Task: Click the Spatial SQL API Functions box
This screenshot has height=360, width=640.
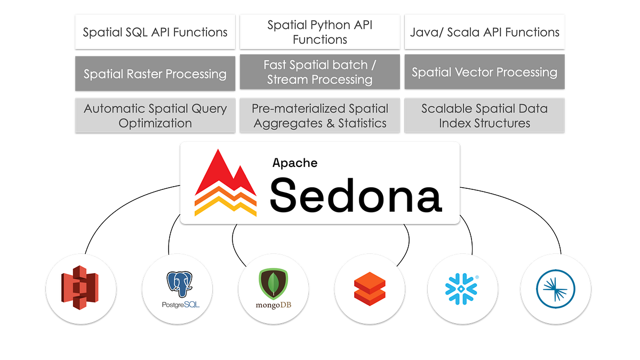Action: click(155, 32)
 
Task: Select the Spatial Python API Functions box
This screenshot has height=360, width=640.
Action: click(320, 32)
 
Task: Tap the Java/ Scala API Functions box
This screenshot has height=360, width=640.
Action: click(485, 32)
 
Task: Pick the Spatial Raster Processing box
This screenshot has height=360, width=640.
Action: click(155, 74)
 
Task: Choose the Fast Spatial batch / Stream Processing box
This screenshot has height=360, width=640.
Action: click(320, 73)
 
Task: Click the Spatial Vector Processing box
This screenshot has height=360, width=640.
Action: click(485, 73)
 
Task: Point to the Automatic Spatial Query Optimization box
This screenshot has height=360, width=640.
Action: click(155, 115)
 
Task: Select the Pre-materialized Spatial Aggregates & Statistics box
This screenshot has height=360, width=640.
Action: click(320, 115)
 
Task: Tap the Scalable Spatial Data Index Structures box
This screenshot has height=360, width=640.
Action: click(485, 115)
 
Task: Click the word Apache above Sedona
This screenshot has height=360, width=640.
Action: click(295, 163)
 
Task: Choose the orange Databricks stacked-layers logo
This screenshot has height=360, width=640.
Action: click(370, 289)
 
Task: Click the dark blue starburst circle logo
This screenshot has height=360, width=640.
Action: click(555, 289)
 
